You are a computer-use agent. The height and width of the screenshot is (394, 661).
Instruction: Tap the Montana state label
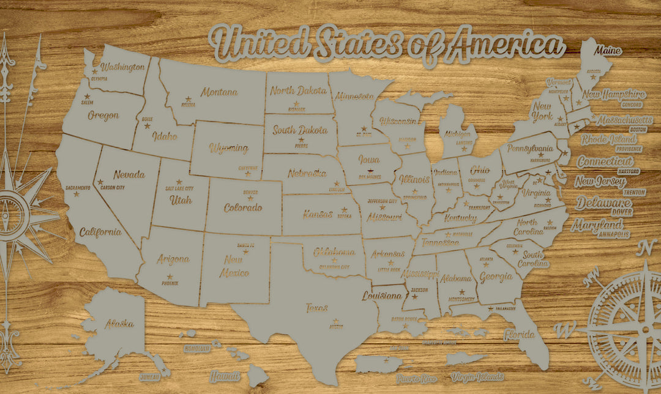tap(219, 92)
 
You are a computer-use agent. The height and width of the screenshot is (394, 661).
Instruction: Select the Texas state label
tap(317, 308)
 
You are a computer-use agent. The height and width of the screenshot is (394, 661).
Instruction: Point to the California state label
tap(100, 232)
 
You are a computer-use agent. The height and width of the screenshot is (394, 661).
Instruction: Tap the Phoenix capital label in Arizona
tap(170, 283)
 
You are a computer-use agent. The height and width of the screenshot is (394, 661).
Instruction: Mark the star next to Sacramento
tap(77, 194)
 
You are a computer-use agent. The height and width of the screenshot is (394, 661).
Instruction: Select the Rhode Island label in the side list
tap(609, 139)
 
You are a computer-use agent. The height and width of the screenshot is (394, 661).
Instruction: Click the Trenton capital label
tap(634, 193)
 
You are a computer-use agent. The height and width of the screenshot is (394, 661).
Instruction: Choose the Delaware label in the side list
tap(603, 203)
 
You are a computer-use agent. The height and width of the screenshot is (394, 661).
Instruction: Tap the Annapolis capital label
tap(613, 234)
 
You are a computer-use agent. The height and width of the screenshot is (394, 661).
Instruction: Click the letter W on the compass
tap(564, 329)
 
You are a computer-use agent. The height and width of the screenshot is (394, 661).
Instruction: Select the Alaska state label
tap(119, 324)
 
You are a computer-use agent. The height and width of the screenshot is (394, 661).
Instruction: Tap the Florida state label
tap(518, 335)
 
